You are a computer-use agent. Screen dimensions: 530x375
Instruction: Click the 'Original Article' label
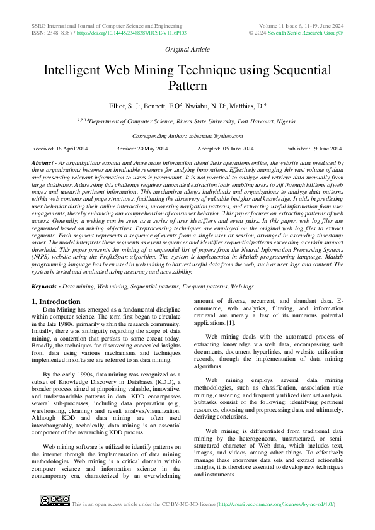point(187,49)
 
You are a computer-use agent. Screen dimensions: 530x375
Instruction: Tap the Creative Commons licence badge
point(54,501)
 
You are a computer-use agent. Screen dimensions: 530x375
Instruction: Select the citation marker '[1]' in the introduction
point(231,323)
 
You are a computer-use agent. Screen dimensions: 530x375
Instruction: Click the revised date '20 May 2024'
point(154,148)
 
